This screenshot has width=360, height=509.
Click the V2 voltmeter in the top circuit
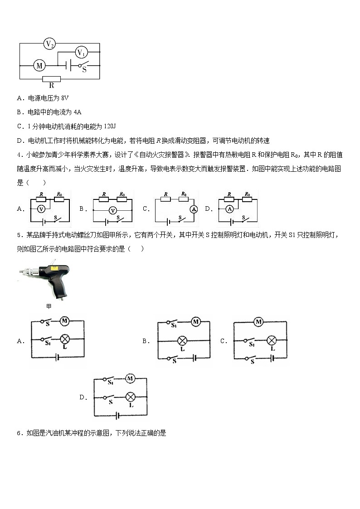pos(49,44)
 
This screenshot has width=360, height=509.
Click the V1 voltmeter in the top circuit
pos(81,53)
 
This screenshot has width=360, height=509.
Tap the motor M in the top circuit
pos(39,66)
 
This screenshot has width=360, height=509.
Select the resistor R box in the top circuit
pos(52,79)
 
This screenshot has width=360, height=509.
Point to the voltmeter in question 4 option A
pos(41,209)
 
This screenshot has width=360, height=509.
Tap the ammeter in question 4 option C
pos(193,209)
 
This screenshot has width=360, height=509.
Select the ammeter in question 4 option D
pos(229,209)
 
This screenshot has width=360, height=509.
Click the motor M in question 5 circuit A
pos(64,321)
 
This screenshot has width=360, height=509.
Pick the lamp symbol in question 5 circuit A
pos(64,339)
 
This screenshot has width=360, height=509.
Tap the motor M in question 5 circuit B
pos(195,322)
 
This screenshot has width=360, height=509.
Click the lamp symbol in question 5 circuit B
pos(182,340)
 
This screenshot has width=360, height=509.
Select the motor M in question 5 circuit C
pos(258,322)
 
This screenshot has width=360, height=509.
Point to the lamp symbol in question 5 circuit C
pos(272,340)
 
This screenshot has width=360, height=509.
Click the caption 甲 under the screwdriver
pos(49,306)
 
